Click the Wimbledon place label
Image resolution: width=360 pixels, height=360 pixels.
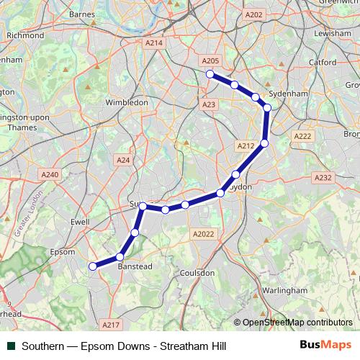click(x=127, y=102)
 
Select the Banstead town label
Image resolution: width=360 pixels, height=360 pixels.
click(x=135, y=266)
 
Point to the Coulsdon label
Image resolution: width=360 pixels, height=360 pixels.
click(x=197, y=273)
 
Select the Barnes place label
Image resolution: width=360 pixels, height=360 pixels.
click(x=82, y=14)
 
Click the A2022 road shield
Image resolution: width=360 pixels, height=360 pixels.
click(x=204, y=234)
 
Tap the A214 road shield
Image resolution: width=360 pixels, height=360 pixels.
click(x=154, y=43)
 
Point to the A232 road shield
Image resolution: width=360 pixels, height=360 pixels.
click(x=323, y=177)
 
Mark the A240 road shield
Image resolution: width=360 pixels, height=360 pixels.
click(x=50, y=174)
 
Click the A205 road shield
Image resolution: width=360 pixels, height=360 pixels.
click(x=210, y=61)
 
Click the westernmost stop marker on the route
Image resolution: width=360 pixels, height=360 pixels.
click(x=92, y=266)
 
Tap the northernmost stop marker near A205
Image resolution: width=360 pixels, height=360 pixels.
click(x=210, y=74)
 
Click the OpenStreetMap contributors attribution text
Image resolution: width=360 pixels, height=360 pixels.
click(x=297, y=323)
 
